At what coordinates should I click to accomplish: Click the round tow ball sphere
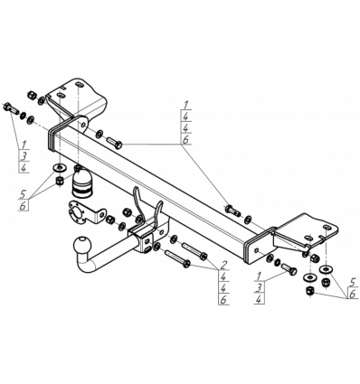click(x=82, y=244)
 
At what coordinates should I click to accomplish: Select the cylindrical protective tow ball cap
click(x=81, y=185)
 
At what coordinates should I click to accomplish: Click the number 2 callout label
click(x=223, y=265)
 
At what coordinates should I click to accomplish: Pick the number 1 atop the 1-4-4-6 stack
click(x=186, y=105)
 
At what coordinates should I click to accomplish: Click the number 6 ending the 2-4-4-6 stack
click(x=223, y=299)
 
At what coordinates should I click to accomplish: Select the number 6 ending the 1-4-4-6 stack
click(x=186, y=139)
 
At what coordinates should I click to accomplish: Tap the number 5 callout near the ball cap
click(x=23, y=194)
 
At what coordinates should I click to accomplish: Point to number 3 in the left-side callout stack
click(x=24, y=155)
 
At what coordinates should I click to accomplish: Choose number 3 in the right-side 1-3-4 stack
click(x=258, y=287)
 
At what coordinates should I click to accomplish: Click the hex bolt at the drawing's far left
click(x=11, y=108)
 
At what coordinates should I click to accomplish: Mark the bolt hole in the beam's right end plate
click(x=256, y=249)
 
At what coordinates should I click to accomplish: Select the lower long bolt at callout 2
click(x=177, y=259)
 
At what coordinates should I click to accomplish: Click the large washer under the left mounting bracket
click(x=60, y=167)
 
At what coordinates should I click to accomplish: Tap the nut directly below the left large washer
click(x=60, y=181)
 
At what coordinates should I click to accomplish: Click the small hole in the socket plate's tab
click(x=102, y=214)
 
